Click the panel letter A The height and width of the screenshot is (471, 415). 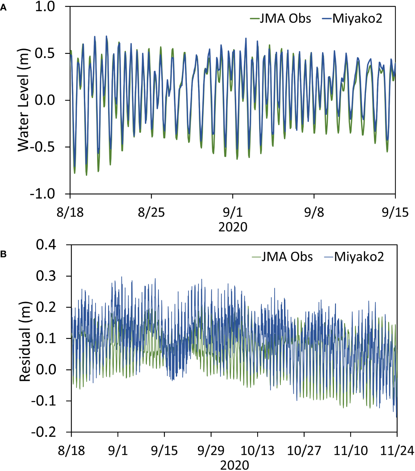click(x=3, y=8)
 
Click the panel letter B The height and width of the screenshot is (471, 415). click(x=3, y=254)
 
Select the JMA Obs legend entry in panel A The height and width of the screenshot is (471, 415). click(x=281, y=18)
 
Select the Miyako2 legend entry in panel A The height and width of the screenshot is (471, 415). click(x=352, y=18)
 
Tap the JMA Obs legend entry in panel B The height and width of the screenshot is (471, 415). click(x=282, y=257)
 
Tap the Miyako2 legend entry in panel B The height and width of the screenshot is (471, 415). click(x=354, y=257)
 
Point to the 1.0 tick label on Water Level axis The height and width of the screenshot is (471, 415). click(x=45, y=6)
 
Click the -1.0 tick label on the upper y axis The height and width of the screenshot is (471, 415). click(x=42, y=194)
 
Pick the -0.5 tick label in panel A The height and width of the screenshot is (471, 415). click(x=42, y=147)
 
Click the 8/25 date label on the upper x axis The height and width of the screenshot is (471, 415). click(x=151, y=212)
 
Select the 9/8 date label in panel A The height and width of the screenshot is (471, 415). click(x=314, y=212)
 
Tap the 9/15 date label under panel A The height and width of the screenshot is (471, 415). click(x=395, y=212)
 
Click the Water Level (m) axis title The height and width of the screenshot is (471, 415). click(x=24, y=100)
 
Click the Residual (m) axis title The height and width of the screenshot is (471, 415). click(x=25, y=342)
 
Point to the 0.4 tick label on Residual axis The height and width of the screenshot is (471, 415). click(x=46, y=245)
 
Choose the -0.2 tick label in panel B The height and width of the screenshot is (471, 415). click(x=44, y=432)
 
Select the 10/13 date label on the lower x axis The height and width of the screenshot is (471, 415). click(x=258, y=451)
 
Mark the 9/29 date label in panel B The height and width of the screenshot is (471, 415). click(x=211, y=451)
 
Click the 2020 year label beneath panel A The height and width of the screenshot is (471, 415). click(x=233, y=227)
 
